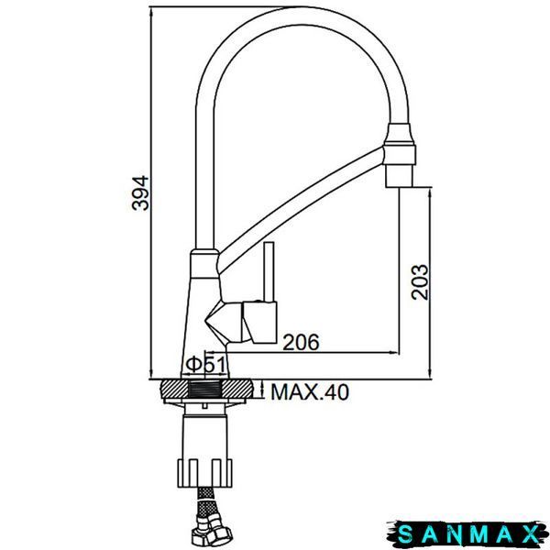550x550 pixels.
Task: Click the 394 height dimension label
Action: (x=140, y=192)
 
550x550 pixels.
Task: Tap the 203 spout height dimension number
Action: (x=420, y=282)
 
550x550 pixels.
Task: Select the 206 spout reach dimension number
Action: (x=301, y=342)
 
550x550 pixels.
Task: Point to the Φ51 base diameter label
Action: (x=205, y=365)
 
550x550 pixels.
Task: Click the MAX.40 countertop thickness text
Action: (x=310, y=392)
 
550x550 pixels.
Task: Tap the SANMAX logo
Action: (x=467, y=533)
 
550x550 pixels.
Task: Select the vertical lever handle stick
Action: (x=269, y=272)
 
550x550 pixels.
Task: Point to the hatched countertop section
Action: (x=206, y=390)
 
